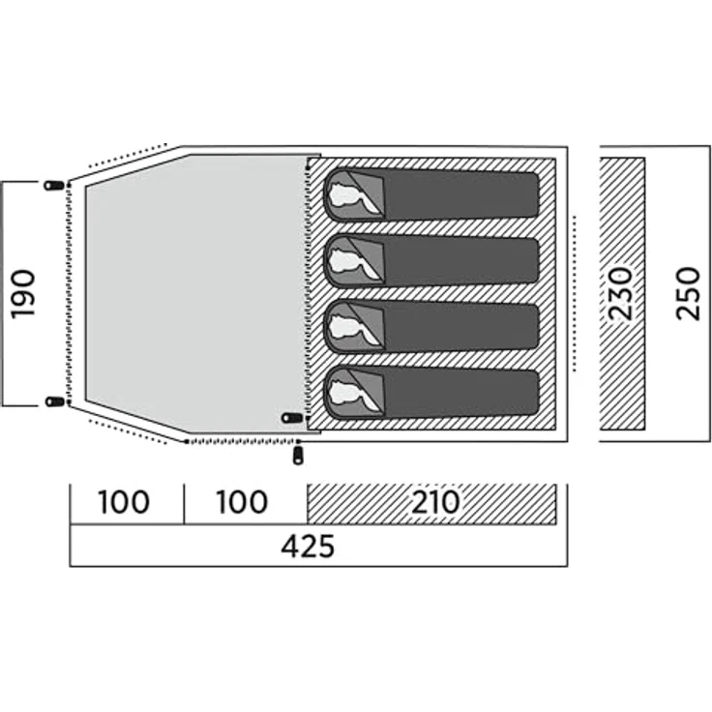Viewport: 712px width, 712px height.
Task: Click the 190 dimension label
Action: point(22,294)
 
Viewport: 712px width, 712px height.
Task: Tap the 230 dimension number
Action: point(620,294)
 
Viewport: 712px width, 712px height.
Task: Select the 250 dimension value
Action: point(688,294)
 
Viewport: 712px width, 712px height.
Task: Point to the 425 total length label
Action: point(308,547)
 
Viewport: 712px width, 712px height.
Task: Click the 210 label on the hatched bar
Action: point(435,502)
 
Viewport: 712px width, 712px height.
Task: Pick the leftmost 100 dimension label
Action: point(124,502)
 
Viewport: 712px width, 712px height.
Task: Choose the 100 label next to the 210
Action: point(242,502)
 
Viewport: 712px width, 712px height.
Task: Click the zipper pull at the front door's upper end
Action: point(54,186)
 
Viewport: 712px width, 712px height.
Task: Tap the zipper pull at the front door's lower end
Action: point(55,400)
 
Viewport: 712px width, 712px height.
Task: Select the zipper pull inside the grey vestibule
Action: point(291,418)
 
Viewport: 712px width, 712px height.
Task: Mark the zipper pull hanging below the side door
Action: point(298,456)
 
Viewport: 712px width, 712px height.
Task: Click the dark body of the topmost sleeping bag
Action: point(460,195)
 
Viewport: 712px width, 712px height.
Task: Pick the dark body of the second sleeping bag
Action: point(460,261)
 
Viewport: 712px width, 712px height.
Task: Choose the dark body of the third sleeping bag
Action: point(460,327)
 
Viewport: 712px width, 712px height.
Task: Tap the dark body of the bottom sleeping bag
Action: point(460,393)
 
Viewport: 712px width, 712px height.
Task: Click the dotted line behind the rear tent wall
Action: point(575,294)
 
